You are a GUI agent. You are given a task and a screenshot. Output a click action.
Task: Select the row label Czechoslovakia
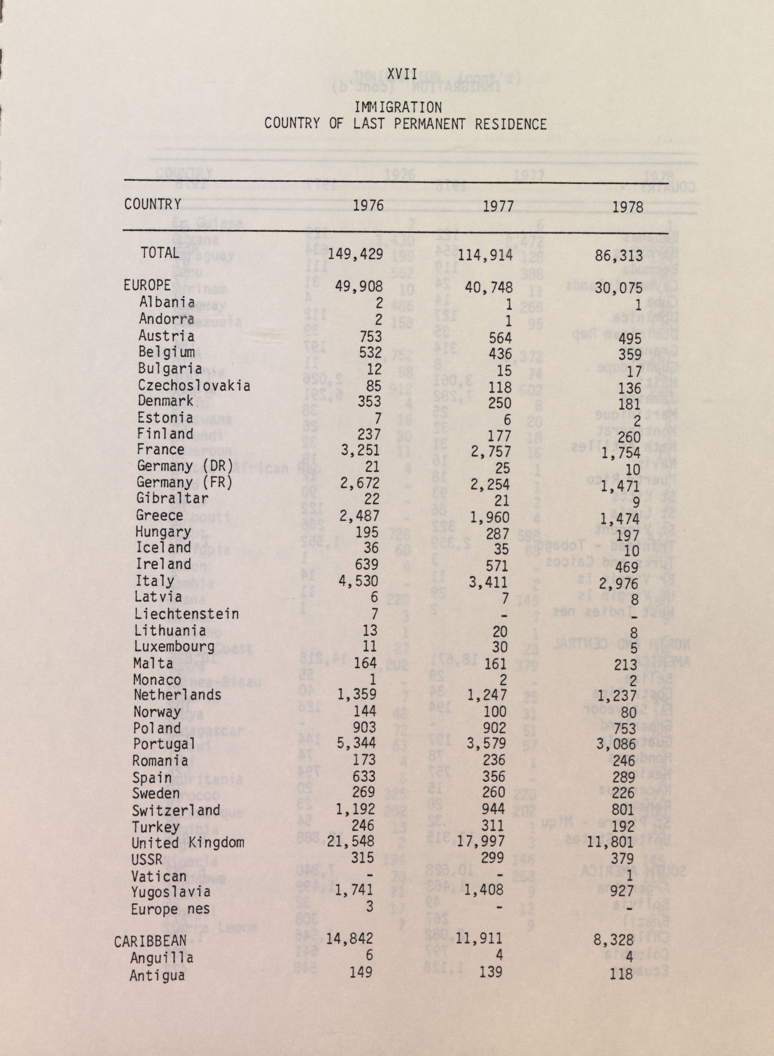[193, 386]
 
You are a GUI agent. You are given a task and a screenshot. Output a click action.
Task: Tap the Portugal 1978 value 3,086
[616, 745]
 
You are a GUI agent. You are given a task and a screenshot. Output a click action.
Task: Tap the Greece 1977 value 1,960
[489, 518]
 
